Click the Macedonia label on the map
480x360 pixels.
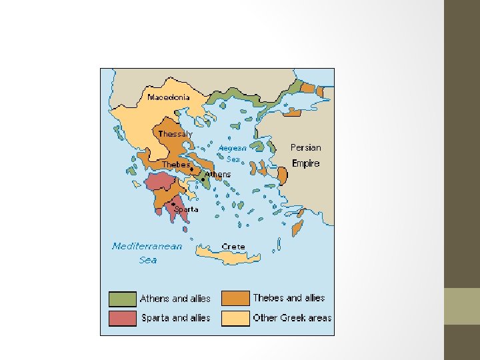point(168,97)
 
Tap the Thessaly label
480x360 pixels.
point(175,134)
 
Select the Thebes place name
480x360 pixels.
point(176,164)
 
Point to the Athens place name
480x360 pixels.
point(218,175)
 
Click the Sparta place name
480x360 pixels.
point(186,209)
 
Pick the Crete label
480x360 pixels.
point(233,247)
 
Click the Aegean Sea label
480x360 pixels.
point(233,154)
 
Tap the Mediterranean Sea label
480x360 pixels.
point(147,253)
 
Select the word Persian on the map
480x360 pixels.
point(305,147)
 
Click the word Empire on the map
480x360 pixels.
point(306,163)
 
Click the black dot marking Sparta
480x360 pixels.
point(173,204)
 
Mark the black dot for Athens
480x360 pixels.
point(203,179)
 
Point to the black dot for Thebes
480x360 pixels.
point(192,170)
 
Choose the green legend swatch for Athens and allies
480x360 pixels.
point(122,299)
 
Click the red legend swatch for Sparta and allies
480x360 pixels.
point(122,318)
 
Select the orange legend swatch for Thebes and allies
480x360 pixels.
point(235,298)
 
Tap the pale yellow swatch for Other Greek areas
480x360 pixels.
point(235,318)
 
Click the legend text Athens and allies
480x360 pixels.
point(175,299)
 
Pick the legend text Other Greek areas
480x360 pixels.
point(292,318)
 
